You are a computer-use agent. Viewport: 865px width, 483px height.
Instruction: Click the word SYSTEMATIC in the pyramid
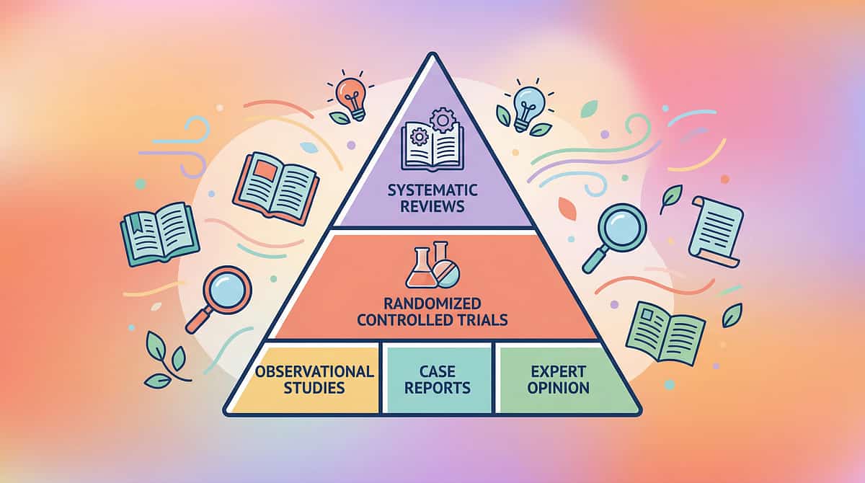pos(432,190)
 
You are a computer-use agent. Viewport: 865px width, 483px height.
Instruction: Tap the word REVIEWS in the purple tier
pos(432,206)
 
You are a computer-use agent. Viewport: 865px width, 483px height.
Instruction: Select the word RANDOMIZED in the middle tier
pos(432,303)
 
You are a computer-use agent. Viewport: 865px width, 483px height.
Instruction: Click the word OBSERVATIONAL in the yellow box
pos(314,371)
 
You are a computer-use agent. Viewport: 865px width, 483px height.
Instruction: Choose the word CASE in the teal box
pos(437,371)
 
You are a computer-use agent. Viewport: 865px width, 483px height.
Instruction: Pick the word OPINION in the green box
pos(559,388)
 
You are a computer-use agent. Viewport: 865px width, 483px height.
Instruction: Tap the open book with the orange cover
pos(275,188)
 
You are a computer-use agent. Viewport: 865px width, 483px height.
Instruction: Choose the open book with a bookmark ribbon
pos(160,234)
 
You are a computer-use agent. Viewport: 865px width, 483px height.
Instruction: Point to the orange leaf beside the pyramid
pos(567,208)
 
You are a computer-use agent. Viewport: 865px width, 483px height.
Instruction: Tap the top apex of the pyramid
pos(433,54)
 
